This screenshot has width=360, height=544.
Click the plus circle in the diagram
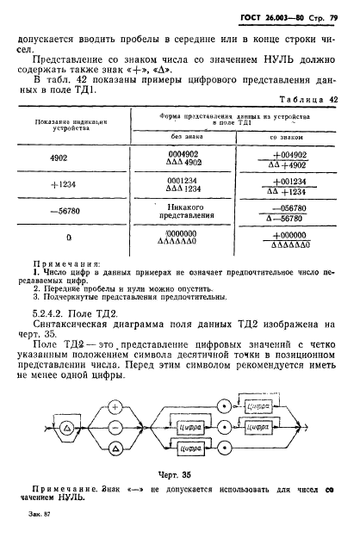point(115,406)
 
